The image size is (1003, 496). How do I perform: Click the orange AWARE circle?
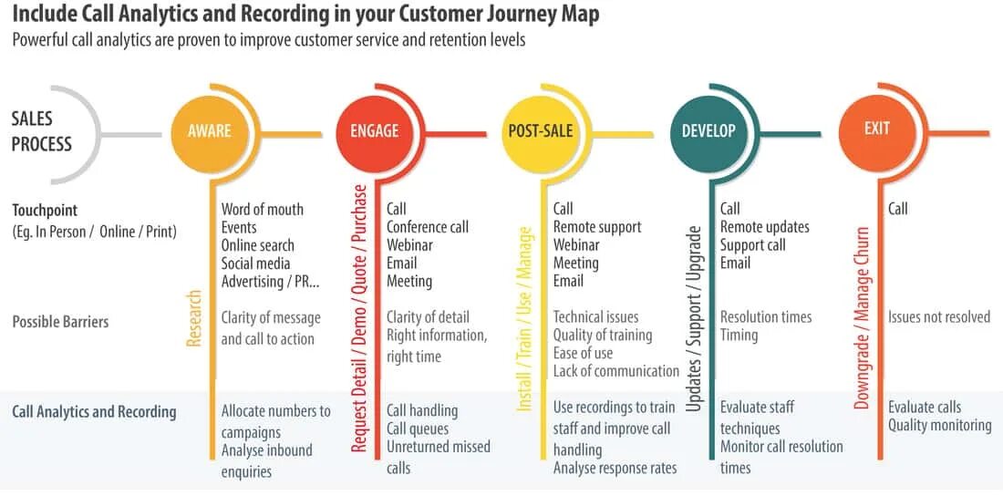[209, 132]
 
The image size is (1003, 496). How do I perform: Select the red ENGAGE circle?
[374, 132]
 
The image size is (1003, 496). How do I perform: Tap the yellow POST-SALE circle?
[540, 132]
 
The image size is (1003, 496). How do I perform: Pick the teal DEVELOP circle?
[708, 132]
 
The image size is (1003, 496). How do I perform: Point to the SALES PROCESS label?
[42, 130]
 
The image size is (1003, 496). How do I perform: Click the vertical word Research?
[194, 318]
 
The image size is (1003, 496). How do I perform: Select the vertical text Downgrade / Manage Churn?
[862, 318]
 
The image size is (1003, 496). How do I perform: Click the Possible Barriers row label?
[61, 321]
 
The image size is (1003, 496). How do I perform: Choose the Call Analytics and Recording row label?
[94, 411]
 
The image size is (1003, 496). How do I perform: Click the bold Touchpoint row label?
[45, 210]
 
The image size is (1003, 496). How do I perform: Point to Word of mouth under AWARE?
[263, 210]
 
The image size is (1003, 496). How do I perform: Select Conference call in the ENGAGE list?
[428, 227]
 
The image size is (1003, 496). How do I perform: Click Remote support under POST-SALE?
[597, 227]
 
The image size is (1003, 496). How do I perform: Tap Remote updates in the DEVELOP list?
[764, 227]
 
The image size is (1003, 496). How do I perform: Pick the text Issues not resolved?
[939, 316]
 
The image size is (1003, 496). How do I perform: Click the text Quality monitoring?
[940, 425]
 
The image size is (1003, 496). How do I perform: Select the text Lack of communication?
[616, 371]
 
